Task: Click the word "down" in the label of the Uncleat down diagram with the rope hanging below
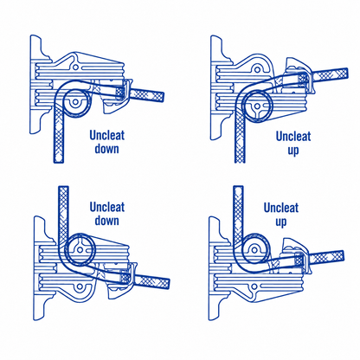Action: click(107, 149)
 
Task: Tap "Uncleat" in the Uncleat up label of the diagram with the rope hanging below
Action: click(293, 136)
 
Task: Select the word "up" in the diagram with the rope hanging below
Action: click(293, 151)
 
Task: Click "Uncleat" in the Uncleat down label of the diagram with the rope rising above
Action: click(107, 207)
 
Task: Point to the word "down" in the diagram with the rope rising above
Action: click(107, 221)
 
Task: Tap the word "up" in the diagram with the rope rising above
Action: click(280, 222)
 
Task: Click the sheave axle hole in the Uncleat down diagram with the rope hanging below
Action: click(75, 102)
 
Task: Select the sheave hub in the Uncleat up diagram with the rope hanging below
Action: click(257, 106)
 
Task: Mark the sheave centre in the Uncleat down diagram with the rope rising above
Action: click(80, 250)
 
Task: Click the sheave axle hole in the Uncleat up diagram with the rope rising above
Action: click(254, 249)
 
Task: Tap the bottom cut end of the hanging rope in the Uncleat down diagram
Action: click(59, 162)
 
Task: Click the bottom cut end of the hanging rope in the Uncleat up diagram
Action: click(240, 162)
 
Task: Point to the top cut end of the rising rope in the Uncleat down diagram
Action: click(63, 187)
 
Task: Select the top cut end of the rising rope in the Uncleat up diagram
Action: click(238, 187)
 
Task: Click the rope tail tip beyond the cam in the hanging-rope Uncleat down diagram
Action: click(163, 97)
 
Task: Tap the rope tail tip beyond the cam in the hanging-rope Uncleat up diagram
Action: click(346, 73)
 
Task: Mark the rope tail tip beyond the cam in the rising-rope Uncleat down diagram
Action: click(168, 284)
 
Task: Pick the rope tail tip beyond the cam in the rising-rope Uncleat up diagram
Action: click(342, 255)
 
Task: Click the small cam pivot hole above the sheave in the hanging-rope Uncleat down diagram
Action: click(75, 67)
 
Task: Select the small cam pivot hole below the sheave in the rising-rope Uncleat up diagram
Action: click(254, 286)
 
